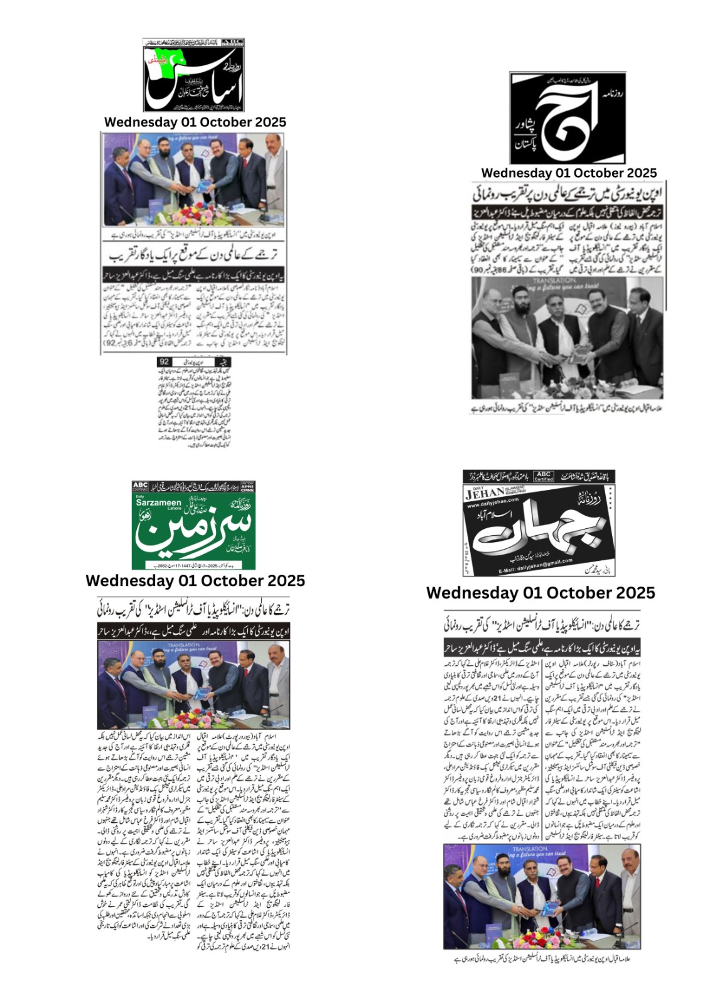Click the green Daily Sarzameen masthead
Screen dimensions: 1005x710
(193, 525)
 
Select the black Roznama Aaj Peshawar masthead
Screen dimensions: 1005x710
(567, 118)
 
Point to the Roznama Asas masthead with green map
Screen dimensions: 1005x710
(193, 75)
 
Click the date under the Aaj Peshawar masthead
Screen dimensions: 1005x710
(569, 173)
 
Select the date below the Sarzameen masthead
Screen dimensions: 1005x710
(195, 581)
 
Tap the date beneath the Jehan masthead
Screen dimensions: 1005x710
(541, 593)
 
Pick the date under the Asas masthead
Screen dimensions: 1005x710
(195, 122)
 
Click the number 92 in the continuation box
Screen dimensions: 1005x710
(165, 362)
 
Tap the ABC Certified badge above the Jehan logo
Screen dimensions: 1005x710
(544, 476)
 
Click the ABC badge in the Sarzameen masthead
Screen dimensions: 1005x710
(140, 486)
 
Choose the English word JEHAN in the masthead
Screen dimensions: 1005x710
(485, 493)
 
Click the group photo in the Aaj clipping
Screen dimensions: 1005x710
(568, 336)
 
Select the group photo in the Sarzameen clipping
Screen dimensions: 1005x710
(193, 685)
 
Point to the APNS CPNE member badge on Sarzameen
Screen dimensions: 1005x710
(249, 486)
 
